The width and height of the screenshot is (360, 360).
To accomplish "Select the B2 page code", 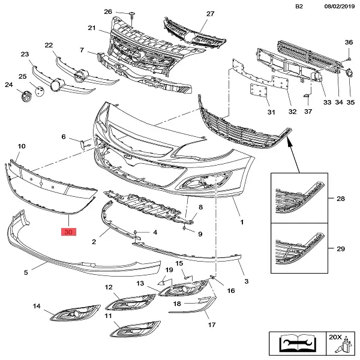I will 299,7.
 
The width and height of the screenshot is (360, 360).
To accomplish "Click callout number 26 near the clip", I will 108,12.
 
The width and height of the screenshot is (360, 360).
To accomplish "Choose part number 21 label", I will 91,28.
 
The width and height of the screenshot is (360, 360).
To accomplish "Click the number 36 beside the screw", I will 348,42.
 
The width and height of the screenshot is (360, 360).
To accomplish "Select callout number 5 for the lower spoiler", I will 26,272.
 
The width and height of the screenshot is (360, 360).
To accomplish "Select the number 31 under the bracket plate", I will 271,112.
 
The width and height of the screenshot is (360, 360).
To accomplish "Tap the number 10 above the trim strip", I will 22,146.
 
